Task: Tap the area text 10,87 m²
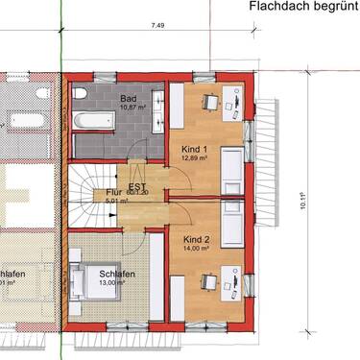click(132, 108)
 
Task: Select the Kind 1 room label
click(196, 149)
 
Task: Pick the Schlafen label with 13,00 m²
click(115, 274)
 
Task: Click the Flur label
click(115, 193)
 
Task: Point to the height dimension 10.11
click(301, 201)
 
